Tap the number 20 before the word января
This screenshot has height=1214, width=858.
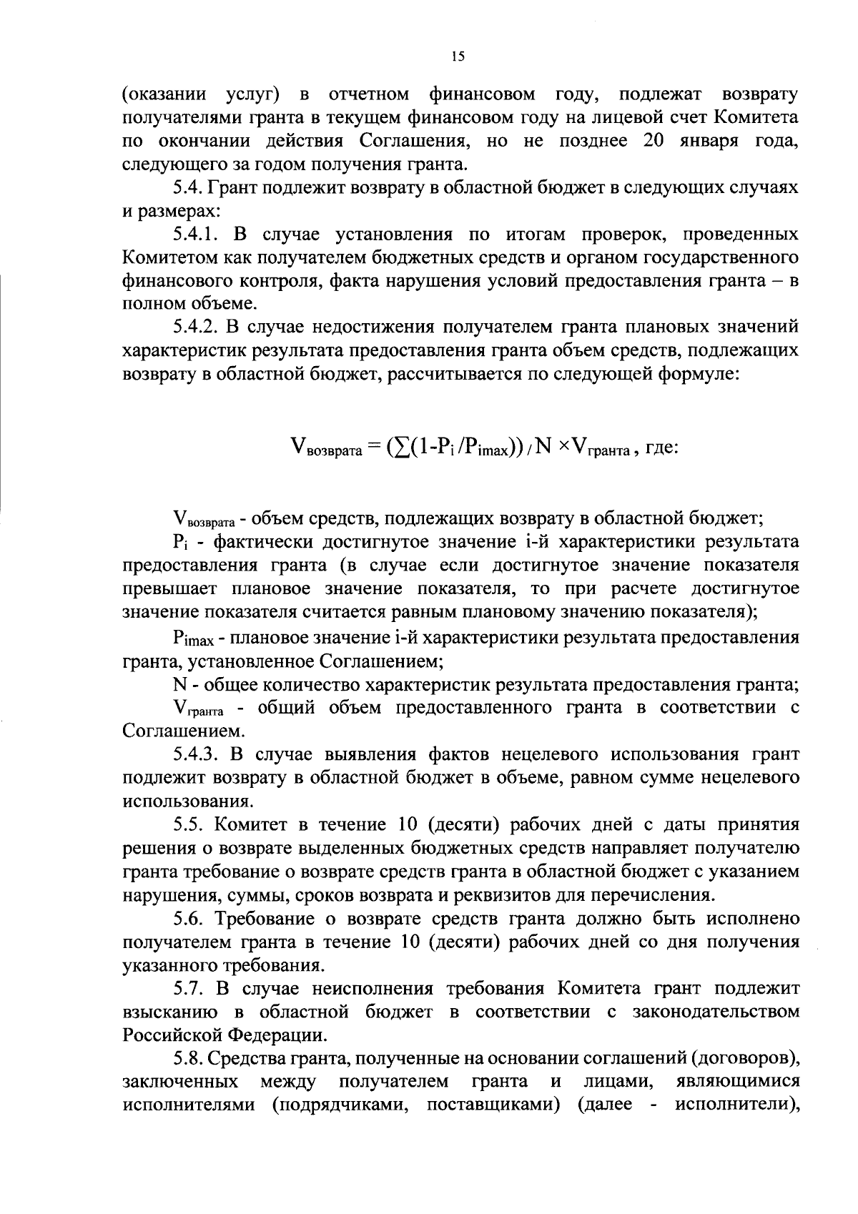coord(656,141)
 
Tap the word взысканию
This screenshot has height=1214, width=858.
coord(170,1012)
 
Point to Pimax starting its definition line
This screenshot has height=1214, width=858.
coord(189,638)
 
